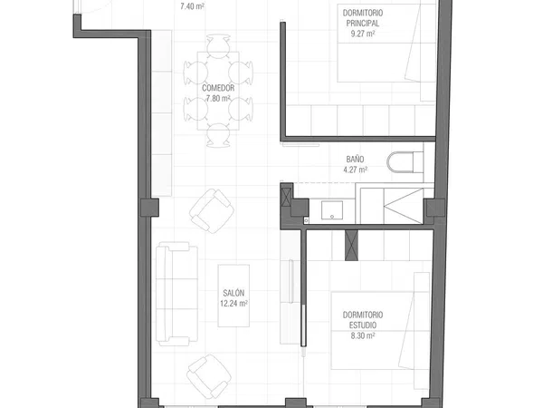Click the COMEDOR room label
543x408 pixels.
218,88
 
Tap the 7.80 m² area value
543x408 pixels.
218,99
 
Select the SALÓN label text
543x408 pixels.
233,293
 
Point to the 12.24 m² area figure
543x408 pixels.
233,304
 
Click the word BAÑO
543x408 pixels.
356,160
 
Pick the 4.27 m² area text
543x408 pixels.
356,170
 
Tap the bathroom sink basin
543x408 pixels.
332,210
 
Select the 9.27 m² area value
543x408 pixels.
363,34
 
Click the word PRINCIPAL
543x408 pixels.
363,24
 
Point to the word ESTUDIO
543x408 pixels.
363,325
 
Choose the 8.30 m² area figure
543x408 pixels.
363,335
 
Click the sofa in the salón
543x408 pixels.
176,294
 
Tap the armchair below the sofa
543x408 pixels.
209,376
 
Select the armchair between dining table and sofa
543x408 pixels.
212,211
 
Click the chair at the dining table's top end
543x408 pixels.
218,46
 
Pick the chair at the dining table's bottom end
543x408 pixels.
218,135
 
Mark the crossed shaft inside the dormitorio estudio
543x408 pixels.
351,246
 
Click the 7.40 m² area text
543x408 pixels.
192,6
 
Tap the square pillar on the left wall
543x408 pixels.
149,208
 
